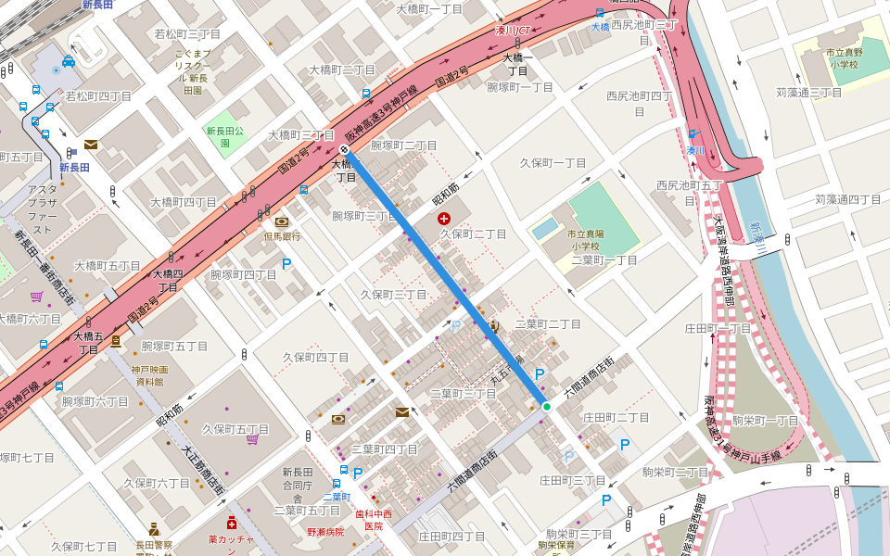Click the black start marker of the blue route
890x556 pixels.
tap(344, 150)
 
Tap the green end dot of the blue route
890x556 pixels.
tap(546, 406)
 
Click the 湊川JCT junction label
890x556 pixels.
tap(511, 31)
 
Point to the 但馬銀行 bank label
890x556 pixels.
tap(282, 236)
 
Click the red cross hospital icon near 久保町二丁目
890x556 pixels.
tap(444, 219)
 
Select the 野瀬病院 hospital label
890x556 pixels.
tap(325, 532)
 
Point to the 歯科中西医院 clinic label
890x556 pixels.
tap(374, 519)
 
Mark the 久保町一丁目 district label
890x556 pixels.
tap(553, 163)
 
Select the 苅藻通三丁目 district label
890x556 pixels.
tap(808, 93)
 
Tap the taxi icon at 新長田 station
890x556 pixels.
tap(69, 62)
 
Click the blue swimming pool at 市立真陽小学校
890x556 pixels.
tap(546, 227)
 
